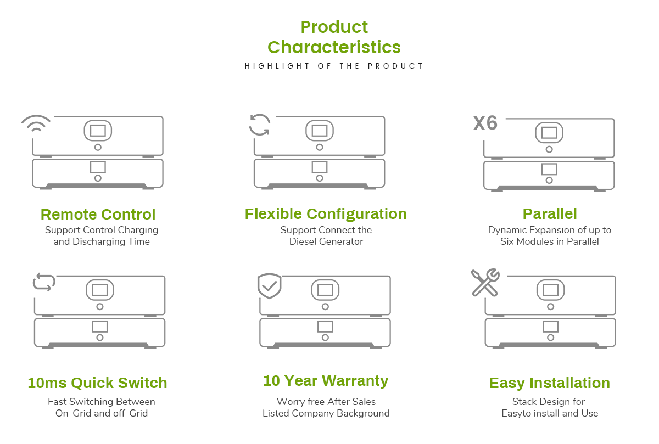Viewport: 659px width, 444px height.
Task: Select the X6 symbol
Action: click(485, 123)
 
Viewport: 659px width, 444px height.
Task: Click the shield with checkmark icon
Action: click(269, 286)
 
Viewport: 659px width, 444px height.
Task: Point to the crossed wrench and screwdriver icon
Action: click(485, 282)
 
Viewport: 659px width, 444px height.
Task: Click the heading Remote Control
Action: click(98, 215)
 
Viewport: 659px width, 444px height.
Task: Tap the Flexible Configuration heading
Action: click(326, 214)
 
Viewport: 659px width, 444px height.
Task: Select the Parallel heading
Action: click(550, 213)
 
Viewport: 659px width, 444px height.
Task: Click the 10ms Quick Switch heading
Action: click(97, 383)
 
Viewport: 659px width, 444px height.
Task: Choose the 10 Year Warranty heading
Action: click(326, 381)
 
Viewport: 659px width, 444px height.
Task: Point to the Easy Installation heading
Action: click(550, 383)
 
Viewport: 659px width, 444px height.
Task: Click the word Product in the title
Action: click(334, 27)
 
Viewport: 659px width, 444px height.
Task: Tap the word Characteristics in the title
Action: click(334, 47)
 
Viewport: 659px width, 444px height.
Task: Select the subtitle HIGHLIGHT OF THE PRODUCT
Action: click(334, 66)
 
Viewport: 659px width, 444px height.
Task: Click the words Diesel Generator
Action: click(326, 241)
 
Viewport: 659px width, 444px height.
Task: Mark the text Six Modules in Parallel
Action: click(550, 241)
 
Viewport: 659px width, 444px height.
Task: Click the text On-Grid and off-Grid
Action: click(102, 413)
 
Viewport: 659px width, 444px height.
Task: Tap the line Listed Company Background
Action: click(326, 413)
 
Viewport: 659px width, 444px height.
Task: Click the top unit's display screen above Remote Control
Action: click(98, 131)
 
